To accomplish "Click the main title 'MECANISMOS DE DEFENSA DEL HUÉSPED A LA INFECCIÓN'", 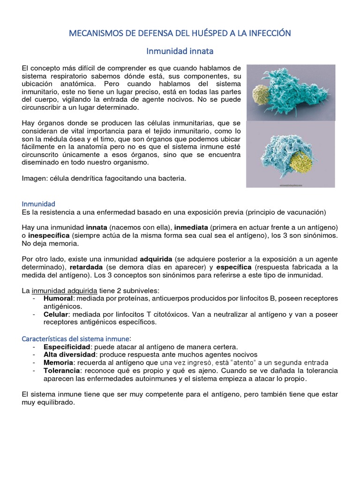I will pos(180,33).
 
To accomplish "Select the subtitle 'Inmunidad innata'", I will pos(180,50).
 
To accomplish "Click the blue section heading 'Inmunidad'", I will pos(38,204).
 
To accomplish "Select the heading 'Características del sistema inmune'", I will pos(76,338).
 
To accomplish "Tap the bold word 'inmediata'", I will pos(192,227).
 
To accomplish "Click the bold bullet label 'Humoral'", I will pos(58,298).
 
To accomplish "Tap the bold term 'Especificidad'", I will pos(66,347).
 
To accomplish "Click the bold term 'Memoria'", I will pos(58,363).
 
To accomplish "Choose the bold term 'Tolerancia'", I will pos(61,371).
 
